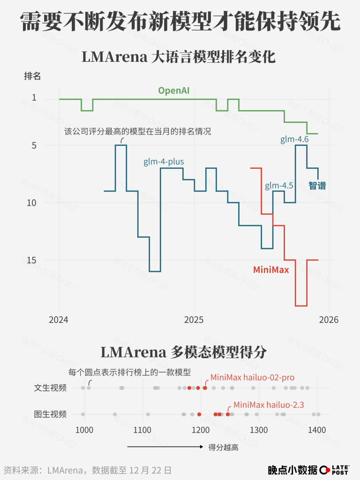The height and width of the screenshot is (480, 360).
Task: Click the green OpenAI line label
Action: point(173,90)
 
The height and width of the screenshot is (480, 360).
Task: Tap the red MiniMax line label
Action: point(271,270)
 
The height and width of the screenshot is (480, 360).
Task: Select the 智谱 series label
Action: point(317,185)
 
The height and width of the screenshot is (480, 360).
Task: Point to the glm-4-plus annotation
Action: point(164,162)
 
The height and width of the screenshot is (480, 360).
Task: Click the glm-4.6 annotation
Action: point(294,139)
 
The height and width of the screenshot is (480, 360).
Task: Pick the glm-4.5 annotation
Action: point(279,186)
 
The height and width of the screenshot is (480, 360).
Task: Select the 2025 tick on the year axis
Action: point(194,320)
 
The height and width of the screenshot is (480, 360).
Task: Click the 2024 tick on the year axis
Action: point(59,320)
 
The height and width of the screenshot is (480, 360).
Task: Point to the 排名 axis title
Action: point(32,76)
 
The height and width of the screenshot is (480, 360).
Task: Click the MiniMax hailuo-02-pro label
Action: point(252,377)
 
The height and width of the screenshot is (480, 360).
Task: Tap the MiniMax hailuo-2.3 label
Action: point(269,405)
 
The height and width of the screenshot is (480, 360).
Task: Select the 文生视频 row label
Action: point(50,388)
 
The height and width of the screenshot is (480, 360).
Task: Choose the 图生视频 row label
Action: point(50,414)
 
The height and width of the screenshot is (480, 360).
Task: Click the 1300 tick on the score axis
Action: point(259,430)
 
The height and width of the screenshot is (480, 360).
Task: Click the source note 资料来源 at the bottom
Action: point(87,470)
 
